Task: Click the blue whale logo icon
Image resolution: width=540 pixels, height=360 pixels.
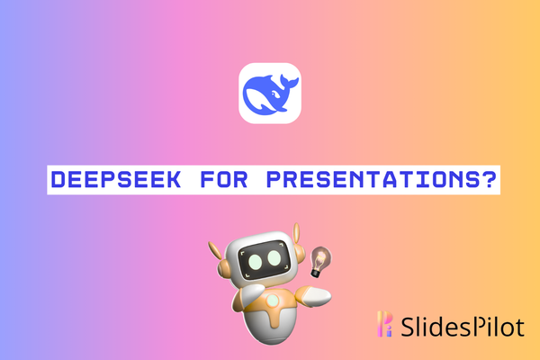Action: [269, 93]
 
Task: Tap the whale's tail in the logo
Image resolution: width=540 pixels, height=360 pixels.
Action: [286, 82]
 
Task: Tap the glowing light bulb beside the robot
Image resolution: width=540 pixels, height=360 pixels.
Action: [318, 258]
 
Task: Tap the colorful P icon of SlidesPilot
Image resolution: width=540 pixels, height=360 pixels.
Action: [385, 324]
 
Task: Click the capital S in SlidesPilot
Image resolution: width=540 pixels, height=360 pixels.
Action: [407, 324]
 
